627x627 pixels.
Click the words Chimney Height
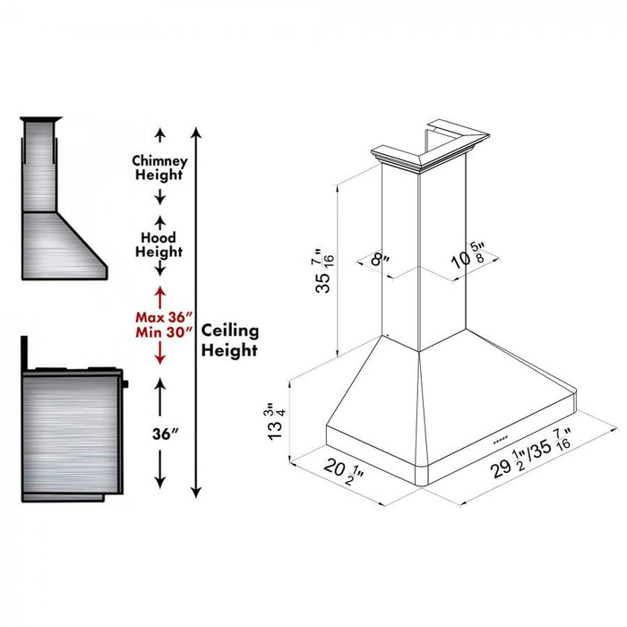[x=159, y=168]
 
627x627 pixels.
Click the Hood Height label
[x=159, y=245]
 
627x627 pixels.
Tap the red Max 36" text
[x=164, y=317]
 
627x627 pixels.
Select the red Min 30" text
[x=164, y=332]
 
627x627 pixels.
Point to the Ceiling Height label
[x=230, y=340]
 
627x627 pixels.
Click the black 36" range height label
[x=165, y=434]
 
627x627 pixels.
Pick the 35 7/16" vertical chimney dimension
[x=324, y=271]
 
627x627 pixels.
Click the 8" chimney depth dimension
[x=380, y=260]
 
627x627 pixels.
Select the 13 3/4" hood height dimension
[x=276, y=421]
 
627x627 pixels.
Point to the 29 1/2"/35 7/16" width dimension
[x=531, y=454]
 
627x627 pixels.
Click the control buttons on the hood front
[x=500, y=440]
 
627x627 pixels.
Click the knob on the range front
[x=125, y=384]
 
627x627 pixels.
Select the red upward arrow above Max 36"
[x=160, y=298]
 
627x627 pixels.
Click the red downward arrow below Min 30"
[x=160, y=353]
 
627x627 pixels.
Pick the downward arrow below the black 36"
[x=160, y=469]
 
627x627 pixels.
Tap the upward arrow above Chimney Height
[x=160, y=135]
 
